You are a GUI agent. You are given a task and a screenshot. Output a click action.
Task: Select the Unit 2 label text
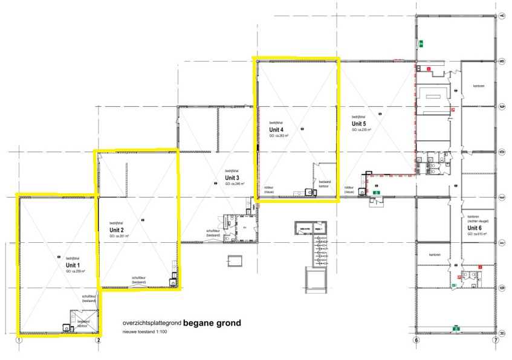[117, 230]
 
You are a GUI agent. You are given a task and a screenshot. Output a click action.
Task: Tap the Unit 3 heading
[233, 178]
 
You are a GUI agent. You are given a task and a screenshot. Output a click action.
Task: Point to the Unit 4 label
[277, 129]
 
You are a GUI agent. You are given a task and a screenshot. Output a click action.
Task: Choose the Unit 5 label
[360, 123]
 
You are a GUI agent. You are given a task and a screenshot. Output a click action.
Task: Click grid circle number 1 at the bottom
[19, 340]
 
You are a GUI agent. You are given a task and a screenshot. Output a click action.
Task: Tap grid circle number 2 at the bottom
[98, 340]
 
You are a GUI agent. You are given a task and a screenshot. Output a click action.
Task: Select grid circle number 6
[416, 340]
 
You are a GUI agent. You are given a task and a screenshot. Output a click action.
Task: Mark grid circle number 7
[495, 340]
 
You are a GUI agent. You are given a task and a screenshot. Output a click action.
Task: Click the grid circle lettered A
[503, 16]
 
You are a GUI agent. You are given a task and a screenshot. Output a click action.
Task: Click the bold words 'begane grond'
[212, 323]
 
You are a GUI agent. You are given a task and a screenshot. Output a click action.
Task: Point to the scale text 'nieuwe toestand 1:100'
[147, 332]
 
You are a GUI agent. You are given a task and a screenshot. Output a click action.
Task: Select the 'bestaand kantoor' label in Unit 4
[325, 184]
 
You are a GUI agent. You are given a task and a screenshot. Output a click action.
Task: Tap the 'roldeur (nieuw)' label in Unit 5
[349, 190]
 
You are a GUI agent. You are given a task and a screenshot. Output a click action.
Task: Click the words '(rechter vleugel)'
[478, 222]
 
